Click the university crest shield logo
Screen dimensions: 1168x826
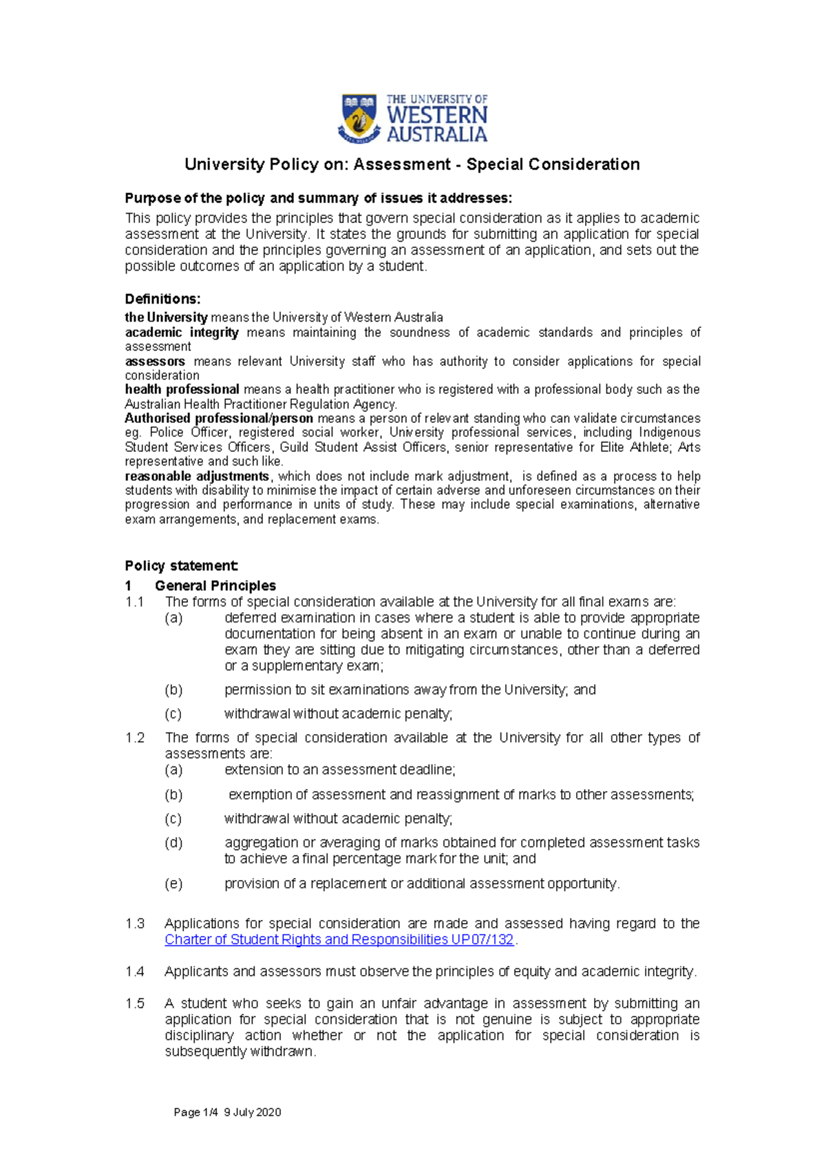[x=359, y=118]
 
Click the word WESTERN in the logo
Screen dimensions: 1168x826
[x=436, y=115]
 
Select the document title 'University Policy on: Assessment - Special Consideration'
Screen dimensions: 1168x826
[x=412, y=165]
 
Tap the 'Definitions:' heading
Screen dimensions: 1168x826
[x=162, y=299]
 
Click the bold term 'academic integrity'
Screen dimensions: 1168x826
[x=182, y=333]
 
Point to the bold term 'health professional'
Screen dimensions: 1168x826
[x=182, y=389]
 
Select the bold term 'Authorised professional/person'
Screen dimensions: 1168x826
[x=218, y=418]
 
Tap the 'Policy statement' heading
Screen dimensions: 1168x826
[x=181, y=566]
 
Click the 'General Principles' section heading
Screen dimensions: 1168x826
[x=215, y=585]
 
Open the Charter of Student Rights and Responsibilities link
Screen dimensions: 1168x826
[x=339, y=939]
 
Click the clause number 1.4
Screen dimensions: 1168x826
[x=134, y=972]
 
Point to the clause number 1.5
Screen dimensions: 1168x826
[x=134, y=1003]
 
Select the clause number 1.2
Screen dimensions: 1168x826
[x=134, y=738]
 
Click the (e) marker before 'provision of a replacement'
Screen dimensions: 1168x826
[x=173, y=884]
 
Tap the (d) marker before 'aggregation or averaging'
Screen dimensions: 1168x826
[x=173, y=843]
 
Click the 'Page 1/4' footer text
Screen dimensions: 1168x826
[x=195, y=1112]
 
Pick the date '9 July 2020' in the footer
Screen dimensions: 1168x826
[x=253, y=1112]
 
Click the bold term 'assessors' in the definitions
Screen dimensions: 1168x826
[x=155, y=362]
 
